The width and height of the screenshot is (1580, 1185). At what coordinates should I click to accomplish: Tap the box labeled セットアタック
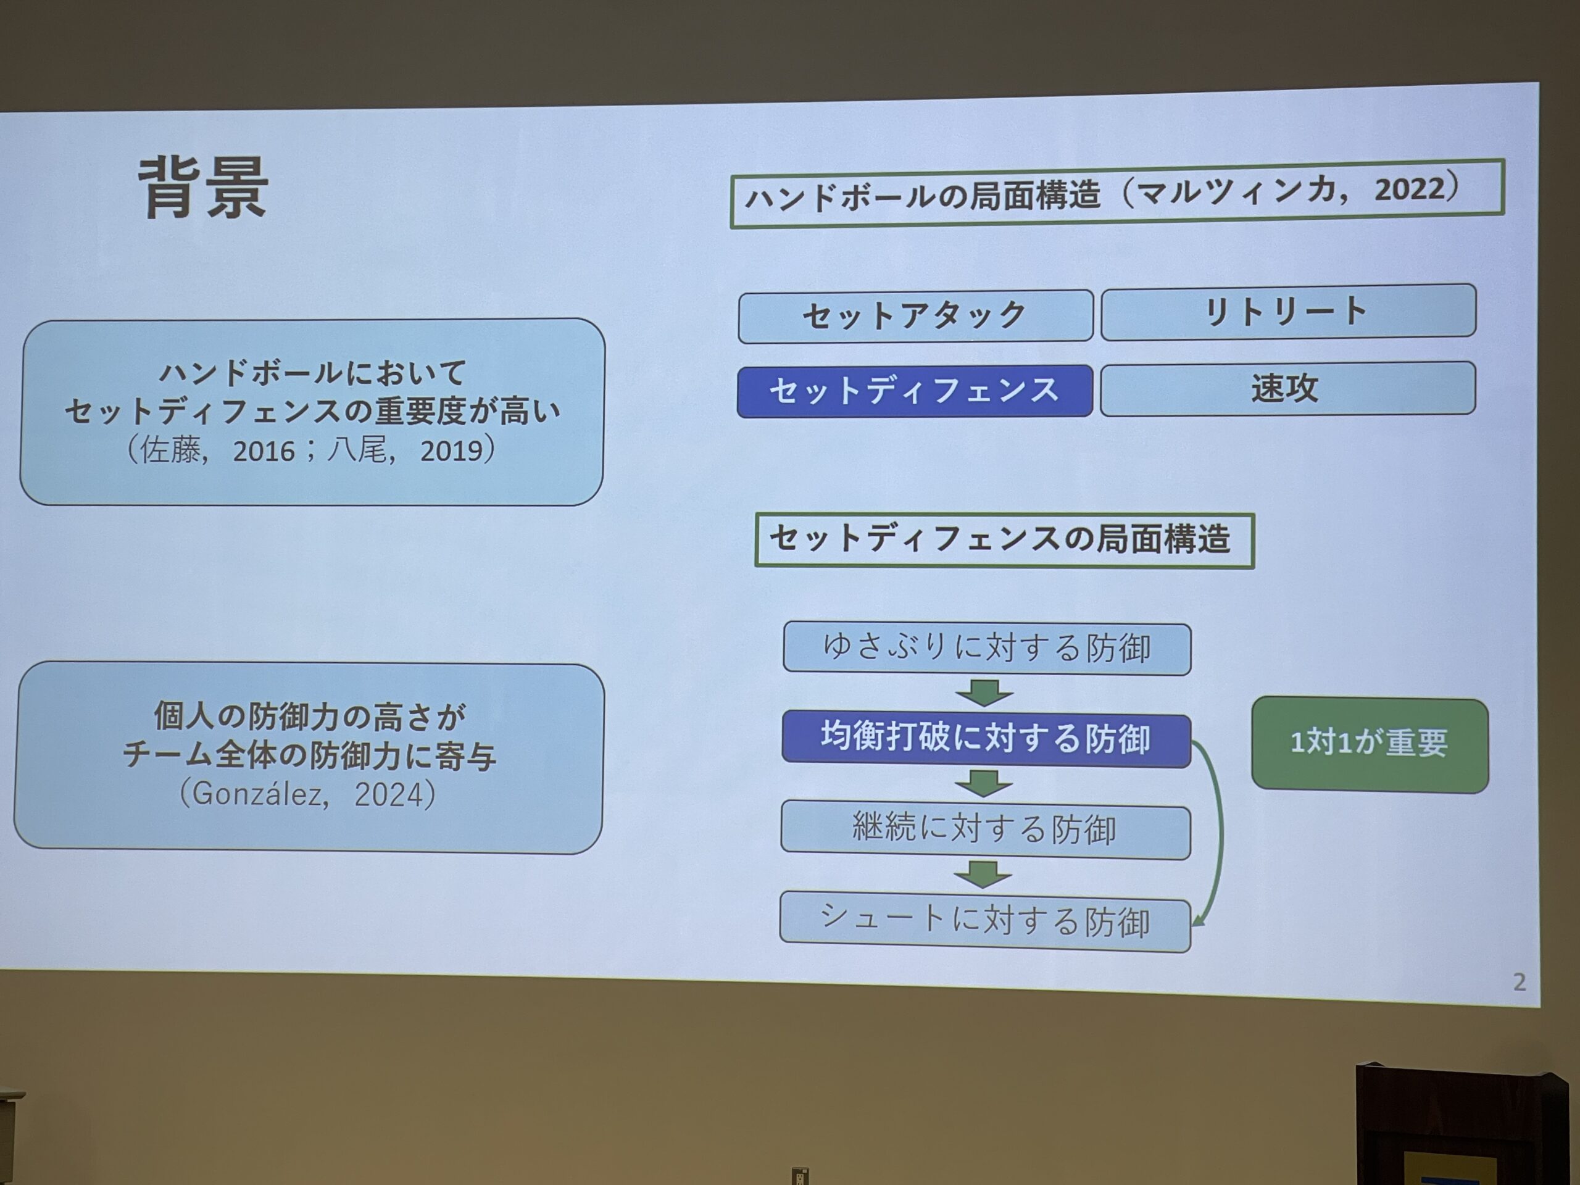click(915, 316)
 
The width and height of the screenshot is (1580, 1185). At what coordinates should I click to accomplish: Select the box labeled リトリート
click(1288, 312)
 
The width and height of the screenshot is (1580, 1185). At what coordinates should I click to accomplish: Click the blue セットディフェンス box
click(914, 391)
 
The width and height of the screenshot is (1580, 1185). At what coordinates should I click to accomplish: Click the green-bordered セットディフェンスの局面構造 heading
click(1004, 541)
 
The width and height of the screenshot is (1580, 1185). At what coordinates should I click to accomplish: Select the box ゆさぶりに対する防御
click(987, 649)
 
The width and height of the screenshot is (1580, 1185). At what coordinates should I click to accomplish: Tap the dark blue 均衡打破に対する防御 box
click(986, 739)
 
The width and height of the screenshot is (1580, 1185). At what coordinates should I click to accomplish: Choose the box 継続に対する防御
click(986, 831)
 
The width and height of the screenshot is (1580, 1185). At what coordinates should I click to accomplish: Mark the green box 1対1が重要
click(1370, 744)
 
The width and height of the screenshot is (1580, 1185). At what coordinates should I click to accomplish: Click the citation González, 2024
click(307, 794)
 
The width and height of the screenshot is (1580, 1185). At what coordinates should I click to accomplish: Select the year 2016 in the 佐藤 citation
click(264, 451)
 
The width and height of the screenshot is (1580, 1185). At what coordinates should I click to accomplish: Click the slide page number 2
click(1520, 982)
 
